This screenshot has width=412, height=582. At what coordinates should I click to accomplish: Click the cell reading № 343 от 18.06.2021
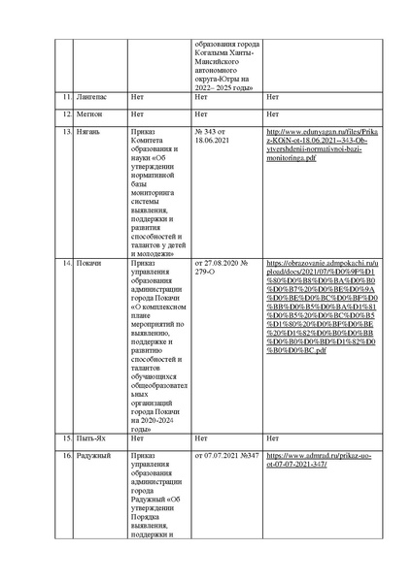click(x=214, y=135)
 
